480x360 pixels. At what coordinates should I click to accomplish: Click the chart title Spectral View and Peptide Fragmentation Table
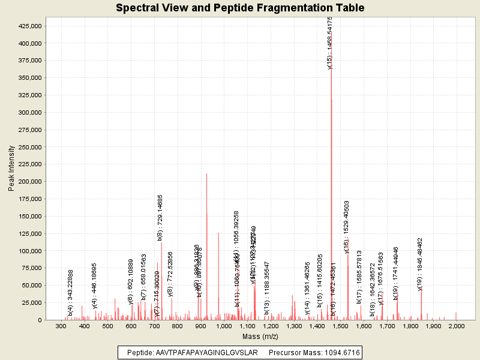coord(240,8)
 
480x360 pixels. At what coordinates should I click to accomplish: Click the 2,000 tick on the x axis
coord(457,326)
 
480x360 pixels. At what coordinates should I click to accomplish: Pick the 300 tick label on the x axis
coord(61,326)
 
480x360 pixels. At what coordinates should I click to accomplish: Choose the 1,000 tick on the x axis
coord(224,326)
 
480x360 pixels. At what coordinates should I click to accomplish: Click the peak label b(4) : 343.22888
coord(71,293)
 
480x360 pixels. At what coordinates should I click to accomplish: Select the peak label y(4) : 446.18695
coord(95,286)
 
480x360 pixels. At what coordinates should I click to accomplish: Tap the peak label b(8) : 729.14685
coord(160,217)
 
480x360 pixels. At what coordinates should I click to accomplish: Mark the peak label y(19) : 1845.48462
coord(420,261)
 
